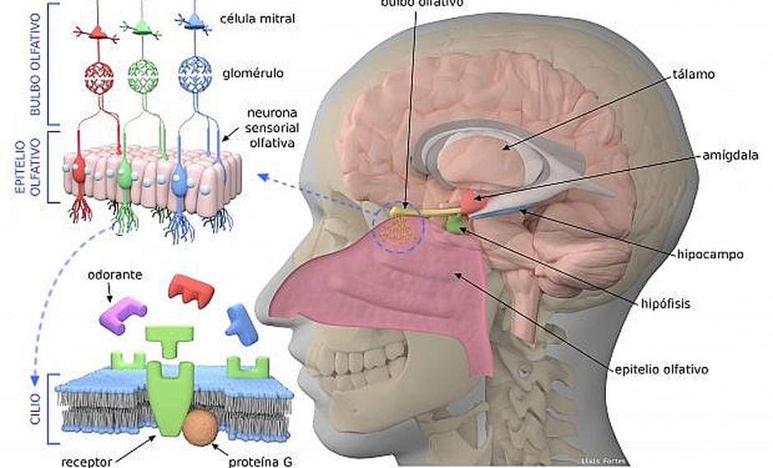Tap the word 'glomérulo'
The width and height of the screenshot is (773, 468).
pos(253,73)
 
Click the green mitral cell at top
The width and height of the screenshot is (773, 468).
pos(142,30)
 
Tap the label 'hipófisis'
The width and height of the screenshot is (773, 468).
pos(664,304)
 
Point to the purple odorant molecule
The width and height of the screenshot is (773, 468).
pos(123,315)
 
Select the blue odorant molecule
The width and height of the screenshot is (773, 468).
pos(242,322)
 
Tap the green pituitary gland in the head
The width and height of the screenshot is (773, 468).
pos(454,222)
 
